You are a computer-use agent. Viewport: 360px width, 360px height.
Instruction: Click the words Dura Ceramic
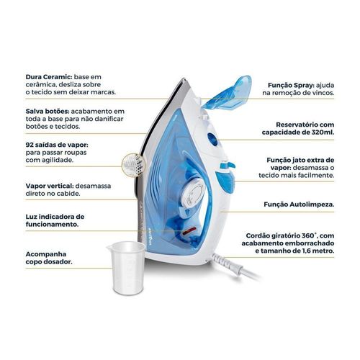tap(49, 77)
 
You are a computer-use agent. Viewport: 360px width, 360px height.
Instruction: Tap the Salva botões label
tap(48, 112)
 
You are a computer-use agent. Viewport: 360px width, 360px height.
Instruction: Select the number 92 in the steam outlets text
tap(30, 145)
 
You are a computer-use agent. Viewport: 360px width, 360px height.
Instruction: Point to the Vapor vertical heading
tap(50, 186)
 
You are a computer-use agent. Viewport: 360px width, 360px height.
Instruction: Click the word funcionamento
tap(52, 225)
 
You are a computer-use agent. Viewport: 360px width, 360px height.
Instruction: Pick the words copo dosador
tap(49, 262)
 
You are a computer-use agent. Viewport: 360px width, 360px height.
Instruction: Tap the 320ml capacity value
tap(324, 132)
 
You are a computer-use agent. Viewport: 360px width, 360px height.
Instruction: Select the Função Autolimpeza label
tap(299, 204)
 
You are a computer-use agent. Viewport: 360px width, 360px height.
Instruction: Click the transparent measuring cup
tap(127, 267)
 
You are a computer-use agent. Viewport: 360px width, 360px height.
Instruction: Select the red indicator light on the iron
tap(189, 231)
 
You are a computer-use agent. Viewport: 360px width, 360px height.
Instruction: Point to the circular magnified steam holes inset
tap(132, 165)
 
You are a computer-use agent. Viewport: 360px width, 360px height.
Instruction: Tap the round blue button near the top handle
tap(212, 140)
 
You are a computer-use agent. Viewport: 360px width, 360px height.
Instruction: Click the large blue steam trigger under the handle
tap(225, 181)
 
